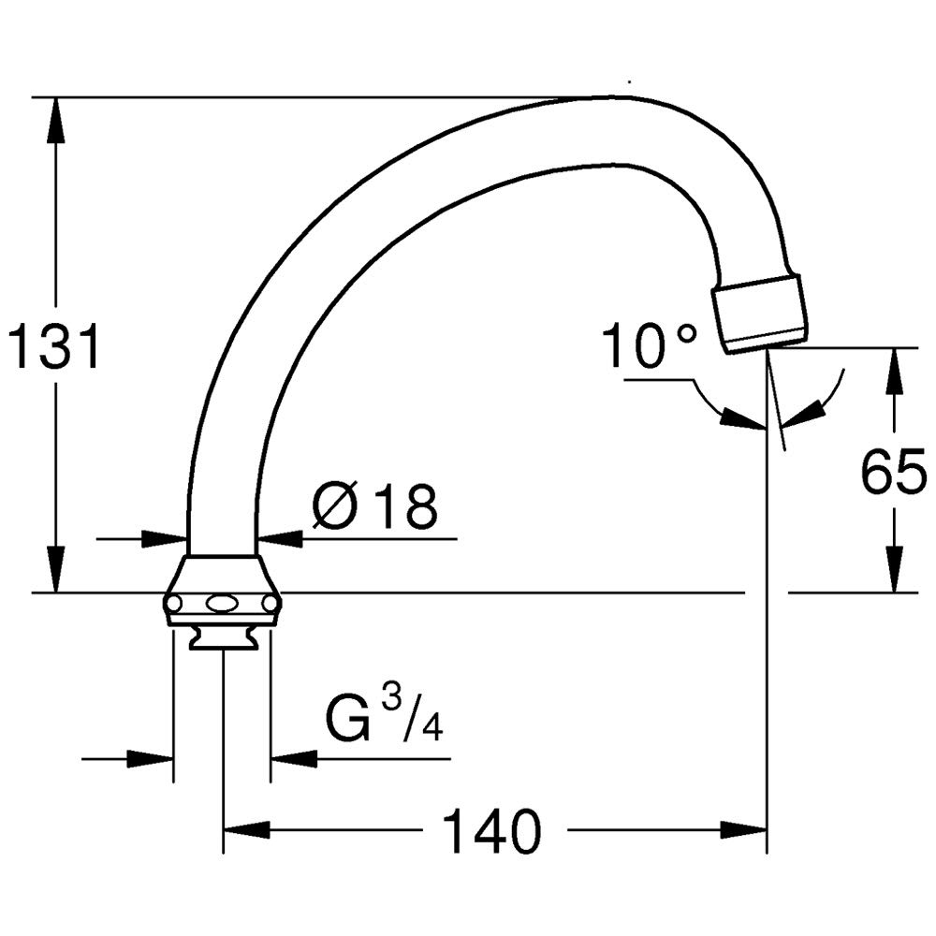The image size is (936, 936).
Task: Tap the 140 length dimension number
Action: pos(493,831)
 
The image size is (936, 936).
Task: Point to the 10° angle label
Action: pos(650,345)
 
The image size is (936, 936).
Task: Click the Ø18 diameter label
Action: pos(375,506)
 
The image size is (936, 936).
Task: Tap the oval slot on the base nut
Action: pos(222,605)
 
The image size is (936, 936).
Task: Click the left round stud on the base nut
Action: pos(174,605)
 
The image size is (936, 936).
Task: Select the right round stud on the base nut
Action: pos(271,605)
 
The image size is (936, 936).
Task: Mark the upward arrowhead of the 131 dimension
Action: pos(56,120)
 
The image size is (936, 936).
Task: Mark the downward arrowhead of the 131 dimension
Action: pos(56,569)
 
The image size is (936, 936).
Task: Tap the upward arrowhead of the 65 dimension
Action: pos(894,372)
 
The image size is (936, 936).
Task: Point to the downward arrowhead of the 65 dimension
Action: pos(894,569)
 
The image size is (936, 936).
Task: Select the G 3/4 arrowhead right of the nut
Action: pos(294,759)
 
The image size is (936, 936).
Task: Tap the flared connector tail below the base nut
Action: pos(224,638)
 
